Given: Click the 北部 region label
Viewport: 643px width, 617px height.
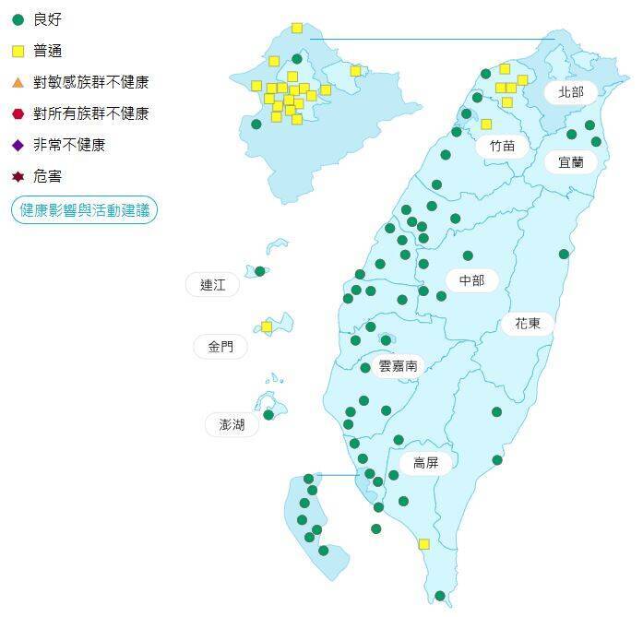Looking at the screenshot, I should point(571,92).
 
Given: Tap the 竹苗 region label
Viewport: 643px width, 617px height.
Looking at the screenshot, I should point(503,146).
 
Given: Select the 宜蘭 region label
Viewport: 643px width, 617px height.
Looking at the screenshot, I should point(570,162).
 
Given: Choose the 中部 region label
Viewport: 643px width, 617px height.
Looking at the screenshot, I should point(471,280).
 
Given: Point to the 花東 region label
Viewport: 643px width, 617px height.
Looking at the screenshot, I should point(529,324).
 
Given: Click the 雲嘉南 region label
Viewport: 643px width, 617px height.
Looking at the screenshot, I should point(398,366).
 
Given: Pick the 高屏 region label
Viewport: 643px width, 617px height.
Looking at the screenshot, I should point(425,463).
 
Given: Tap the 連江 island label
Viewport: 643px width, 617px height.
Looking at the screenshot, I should point(212,285).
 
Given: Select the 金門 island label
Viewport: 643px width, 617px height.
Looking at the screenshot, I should point(220,347).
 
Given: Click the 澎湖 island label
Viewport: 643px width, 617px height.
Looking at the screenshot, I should point(232,425).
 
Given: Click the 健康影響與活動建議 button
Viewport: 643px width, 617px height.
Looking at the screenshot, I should point(84,210).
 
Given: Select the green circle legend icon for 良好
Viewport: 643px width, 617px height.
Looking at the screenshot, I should point(18,19).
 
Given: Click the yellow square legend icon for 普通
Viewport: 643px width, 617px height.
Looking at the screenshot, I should point(18,51).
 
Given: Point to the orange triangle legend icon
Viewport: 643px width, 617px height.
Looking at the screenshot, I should point(18,82).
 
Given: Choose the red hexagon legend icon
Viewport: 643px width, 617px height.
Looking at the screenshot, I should point(18,113).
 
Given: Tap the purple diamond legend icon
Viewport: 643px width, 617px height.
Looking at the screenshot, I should point(18,145).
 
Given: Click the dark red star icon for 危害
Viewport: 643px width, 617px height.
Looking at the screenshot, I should point(18,176).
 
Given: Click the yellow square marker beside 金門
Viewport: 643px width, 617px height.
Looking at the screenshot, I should point(267,326).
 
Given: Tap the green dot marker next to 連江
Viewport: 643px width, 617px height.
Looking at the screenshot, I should point(260,271).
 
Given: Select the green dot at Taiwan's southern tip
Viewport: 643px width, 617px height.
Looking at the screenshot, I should point(440,596).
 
